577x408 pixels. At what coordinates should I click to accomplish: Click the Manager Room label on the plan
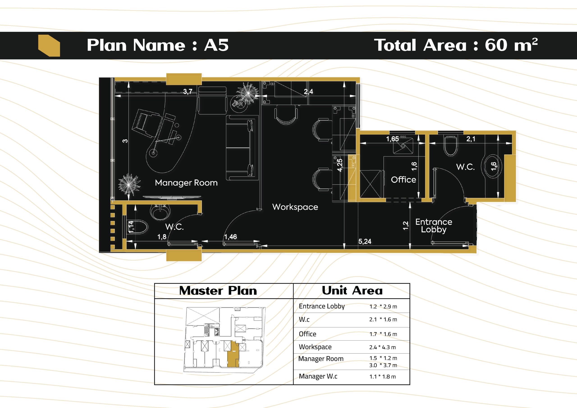click(186, 183)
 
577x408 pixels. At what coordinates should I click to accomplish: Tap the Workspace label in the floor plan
click(295, 207)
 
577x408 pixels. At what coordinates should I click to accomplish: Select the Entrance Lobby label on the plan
click(434, 226)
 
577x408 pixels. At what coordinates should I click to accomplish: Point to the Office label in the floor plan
click(403, 180)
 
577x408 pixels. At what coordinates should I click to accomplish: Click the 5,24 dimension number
click(365, 242)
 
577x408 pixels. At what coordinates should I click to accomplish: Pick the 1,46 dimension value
click(230, 237)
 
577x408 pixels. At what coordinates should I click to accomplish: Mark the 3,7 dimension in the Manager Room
click(188, 92)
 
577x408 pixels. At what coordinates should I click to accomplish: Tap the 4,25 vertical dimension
click(340, 165)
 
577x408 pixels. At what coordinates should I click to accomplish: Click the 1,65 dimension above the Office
click(392, 139)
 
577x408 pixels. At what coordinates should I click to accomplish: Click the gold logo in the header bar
click(49, 46)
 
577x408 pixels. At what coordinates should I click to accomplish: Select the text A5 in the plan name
click(216, 45)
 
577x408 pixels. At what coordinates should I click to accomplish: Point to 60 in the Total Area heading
click(496, 45)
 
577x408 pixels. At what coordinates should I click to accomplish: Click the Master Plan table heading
click(218, 291)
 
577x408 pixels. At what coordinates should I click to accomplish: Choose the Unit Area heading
click(352, 290)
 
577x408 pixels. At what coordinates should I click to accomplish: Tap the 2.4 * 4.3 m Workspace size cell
click(382, 347)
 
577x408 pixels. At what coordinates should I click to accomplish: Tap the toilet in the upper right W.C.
click(450, 146)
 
